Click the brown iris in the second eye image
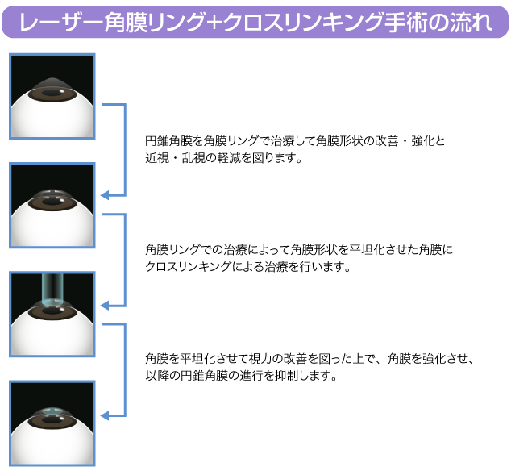(x=52, y=203)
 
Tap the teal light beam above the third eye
(x=52, y=289)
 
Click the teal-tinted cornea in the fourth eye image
(x=52, y=411)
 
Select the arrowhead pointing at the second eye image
(x=105, y=195)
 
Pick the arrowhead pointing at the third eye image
(x=105, y=306)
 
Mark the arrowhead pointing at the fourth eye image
(x=105, y=415)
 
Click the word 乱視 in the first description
(x=193, y=158)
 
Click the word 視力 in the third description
(x=260, y=359)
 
